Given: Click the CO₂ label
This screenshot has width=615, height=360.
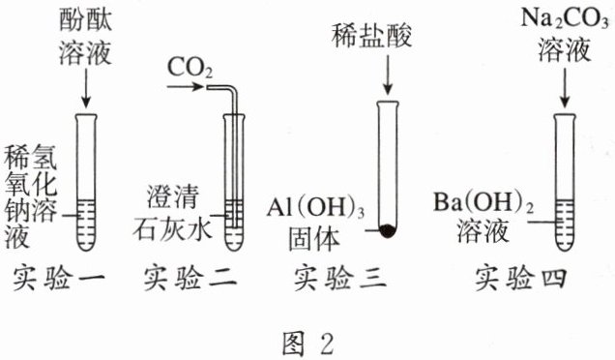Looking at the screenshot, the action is tap(190, 69).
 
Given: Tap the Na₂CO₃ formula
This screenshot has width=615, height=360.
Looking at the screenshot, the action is tap(565, 18).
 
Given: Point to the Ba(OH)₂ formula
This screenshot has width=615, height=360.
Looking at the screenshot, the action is tap(483, 202).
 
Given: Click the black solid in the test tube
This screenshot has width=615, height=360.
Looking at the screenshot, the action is tap(388, 231).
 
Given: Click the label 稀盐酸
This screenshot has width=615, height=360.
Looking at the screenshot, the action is tap(372, 35).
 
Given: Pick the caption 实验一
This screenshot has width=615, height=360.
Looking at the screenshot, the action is tap(59, 279).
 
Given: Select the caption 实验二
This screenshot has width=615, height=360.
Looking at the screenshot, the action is tap(190, 279).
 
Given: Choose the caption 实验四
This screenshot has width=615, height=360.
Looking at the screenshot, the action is tap(521, 279).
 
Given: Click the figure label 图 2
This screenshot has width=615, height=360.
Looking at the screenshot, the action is tap(308, 344).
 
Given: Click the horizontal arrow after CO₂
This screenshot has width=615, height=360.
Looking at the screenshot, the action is tap(186, 86).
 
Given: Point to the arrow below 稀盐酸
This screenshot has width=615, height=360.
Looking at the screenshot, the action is tap(388, 75).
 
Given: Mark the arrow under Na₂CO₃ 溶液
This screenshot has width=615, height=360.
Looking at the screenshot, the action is tap(565, 87).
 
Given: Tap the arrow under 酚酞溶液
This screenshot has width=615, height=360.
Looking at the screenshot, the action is tap(85, 87).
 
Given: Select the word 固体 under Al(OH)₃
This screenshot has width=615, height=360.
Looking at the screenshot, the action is tap(313, 239).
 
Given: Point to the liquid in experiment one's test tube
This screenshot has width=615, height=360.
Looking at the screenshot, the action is tap(86, 225).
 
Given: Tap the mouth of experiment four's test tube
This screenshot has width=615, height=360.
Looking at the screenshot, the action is tap(565, 116).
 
